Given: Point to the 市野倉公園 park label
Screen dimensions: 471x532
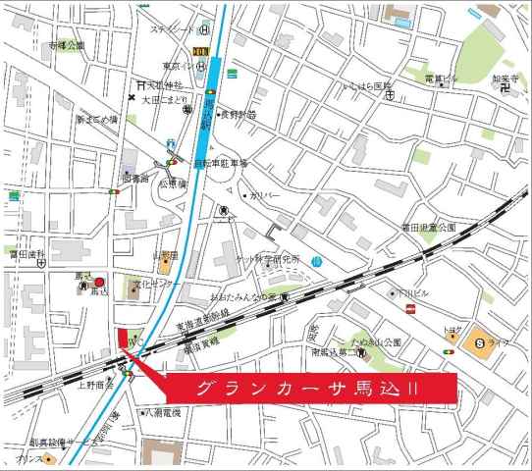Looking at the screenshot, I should coord(67,45).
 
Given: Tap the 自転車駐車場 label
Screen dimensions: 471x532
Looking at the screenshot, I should coord(220,162).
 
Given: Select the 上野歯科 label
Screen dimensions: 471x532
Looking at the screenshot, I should coord(98,385).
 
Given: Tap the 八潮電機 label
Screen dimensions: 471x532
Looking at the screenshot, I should coord(164,413).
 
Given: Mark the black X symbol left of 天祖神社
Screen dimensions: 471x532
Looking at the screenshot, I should coord(133,97).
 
